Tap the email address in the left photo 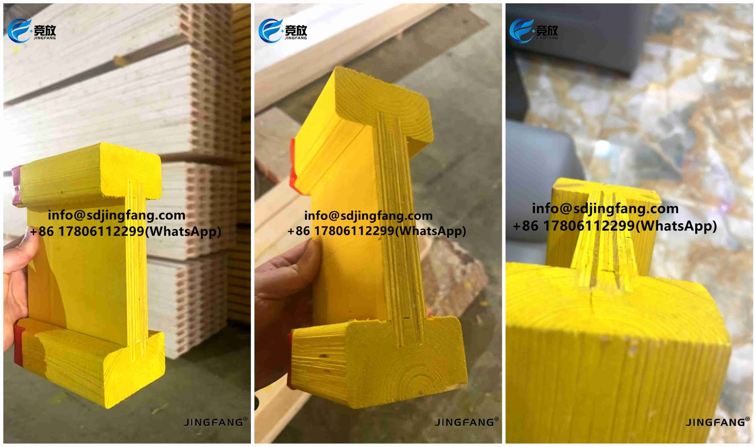point(117,215)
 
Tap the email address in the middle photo point(368,216)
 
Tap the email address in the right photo point(605,208)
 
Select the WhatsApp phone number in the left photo point(125,231)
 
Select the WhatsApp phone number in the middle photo point(377,231)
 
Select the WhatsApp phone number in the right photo point(614,226)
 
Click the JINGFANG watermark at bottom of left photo point(215,422)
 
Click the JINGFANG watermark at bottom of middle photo point(466,422)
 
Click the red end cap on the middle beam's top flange point(293,165)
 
